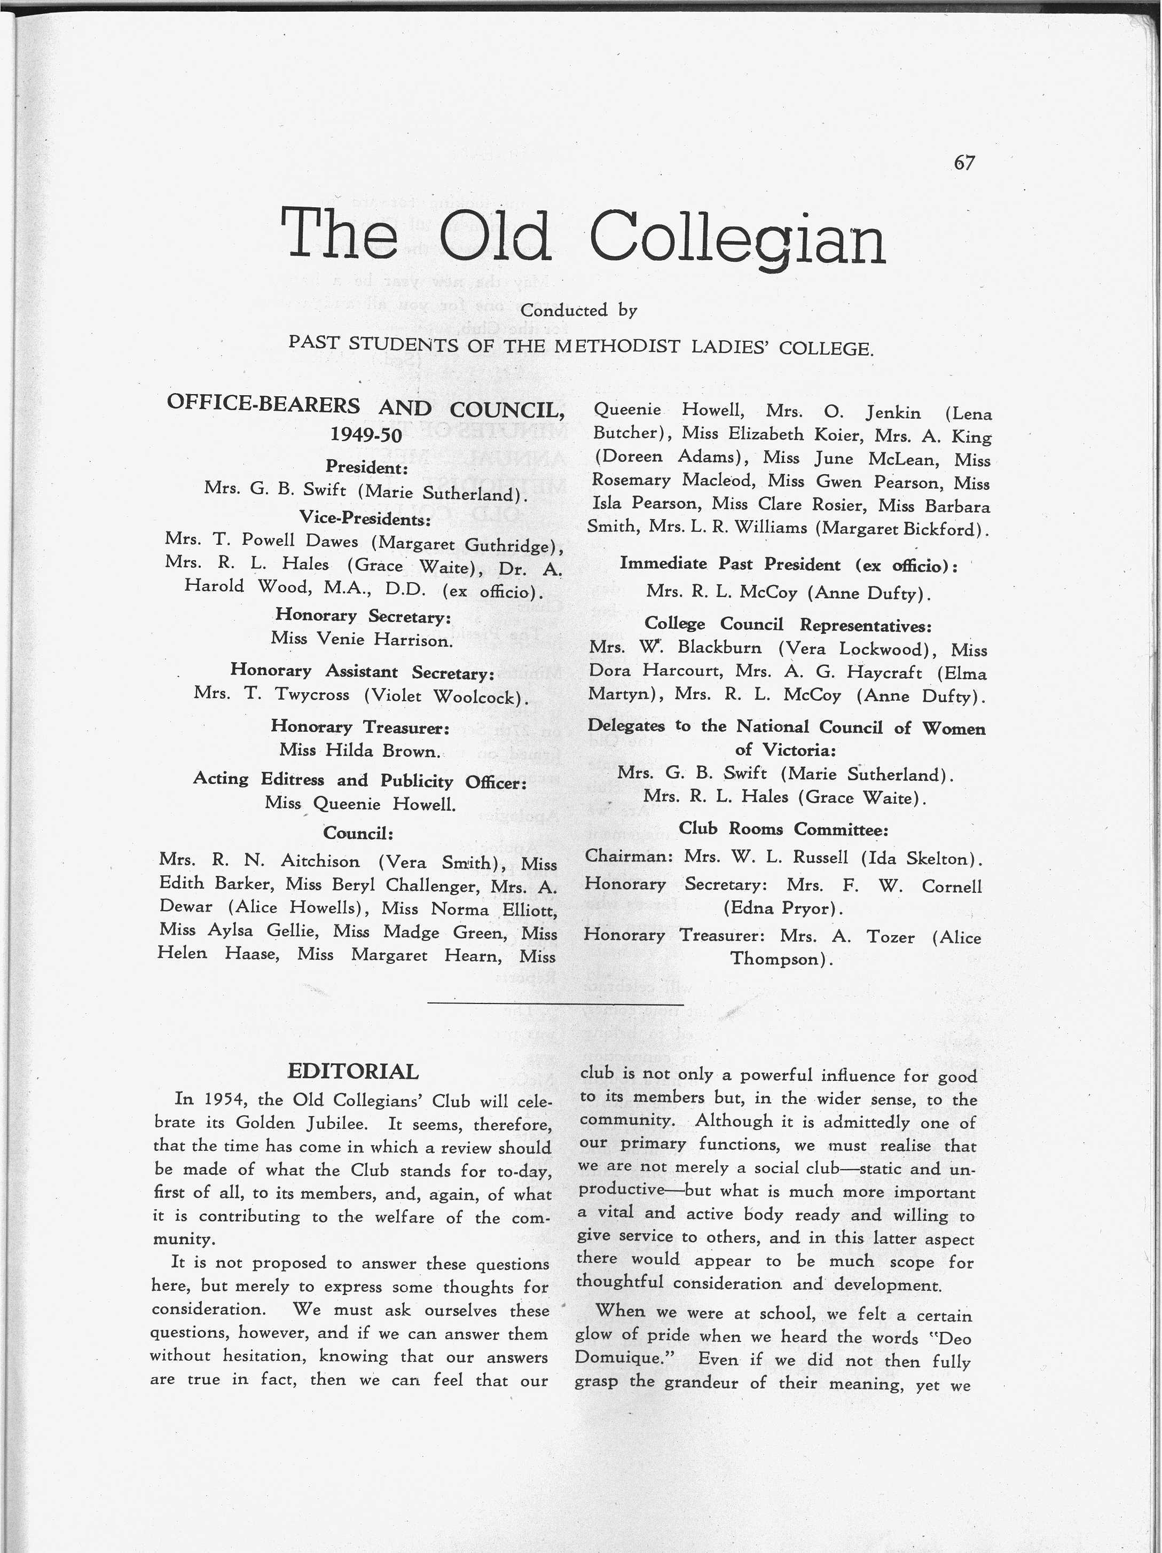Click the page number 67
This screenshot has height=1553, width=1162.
(x=964, y=163)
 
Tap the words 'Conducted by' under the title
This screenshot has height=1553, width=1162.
(x=578, y=310)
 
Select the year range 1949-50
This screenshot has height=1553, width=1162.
(x=366, y=435)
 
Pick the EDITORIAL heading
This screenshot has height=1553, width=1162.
(x=353, y=1071)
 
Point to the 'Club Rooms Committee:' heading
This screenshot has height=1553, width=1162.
(x=783, y=829)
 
